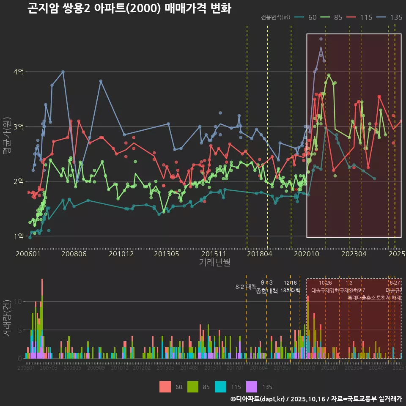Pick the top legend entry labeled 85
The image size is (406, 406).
tap(333, 17)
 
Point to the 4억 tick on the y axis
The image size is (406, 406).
tap(18, 72)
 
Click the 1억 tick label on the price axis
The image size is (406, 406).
tap(18, 236)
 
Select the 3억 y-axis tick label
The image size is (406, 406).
tap(18, 126)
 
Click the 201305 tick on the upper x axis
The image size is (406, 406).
tap(166, 254)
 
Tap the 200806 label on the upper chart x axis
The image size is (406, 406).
tap(74, 254)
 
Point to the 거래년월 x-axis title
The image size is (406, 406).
tap(214, 263)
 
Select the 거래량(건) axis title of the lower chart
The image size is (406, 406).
tap(7, 318)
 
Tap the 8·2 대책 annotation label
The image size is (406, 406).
tap(246, 287)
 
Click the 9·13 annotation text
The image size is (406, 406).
tap(266, 283)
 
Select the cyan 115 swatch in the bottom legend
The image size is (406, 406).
tap(220, 387)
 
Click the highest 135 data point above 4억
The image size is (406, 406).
tap(321, 39)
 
